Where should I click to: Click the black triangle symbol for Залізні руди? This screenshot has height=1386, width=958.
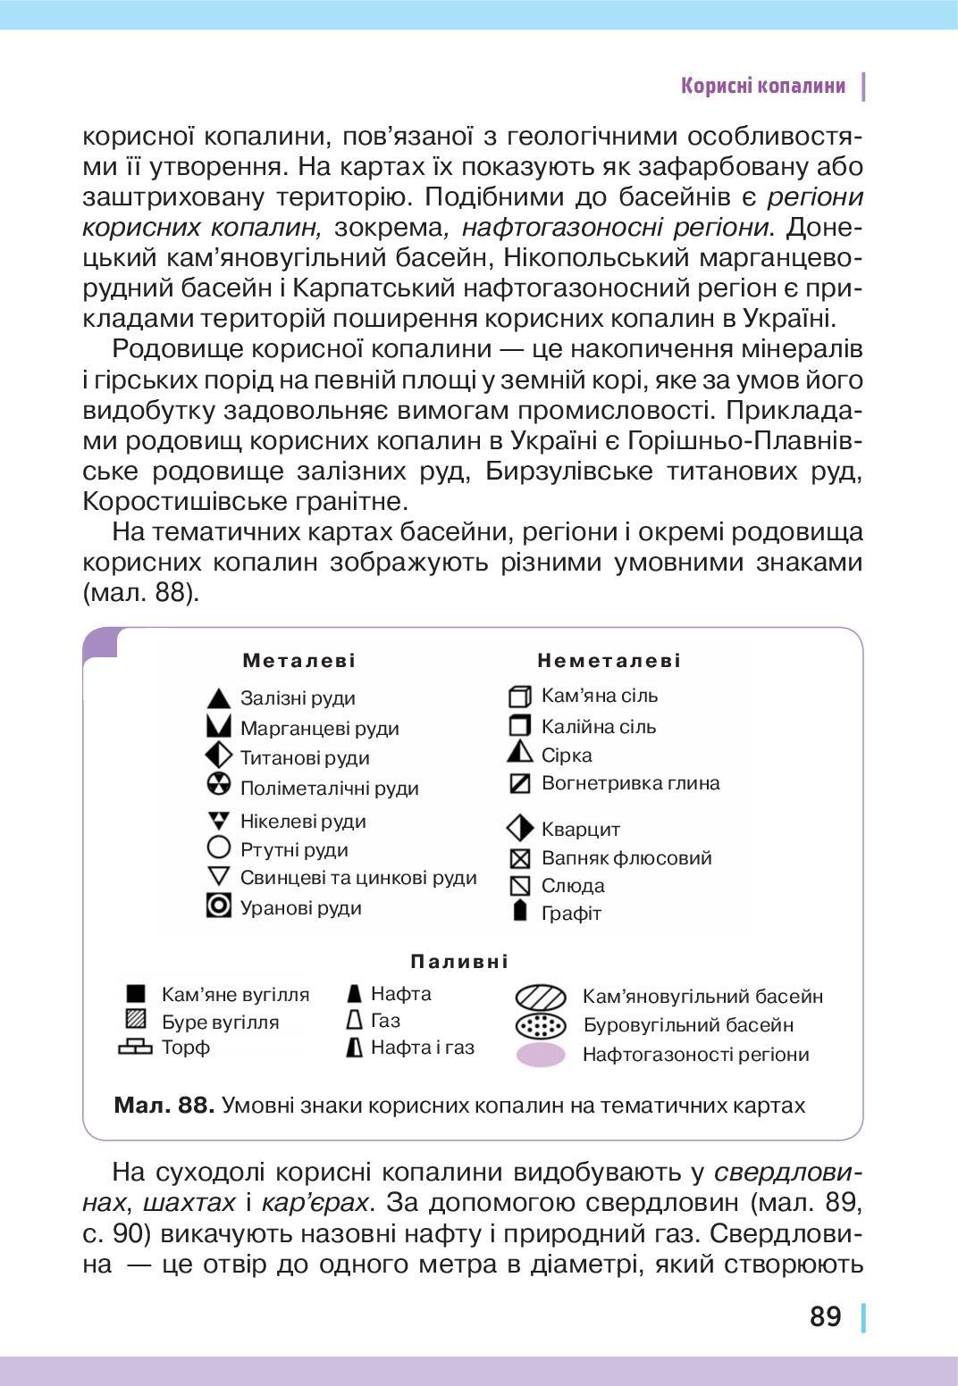coord(219,697)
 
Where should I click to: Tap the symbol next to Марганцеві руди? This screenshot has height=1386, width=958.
coord(219,727)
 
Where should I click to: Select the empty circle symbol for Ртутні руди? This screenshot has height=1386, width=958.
coord(219,847)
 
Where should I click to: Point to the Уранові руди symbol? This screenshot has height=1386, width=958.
coord(219,906)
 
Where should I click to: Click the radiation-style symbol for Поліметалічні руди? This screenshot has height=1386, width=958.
coord(219,785)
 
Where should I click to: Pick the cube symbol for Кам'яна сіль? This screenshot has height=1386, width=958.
coord(519,696)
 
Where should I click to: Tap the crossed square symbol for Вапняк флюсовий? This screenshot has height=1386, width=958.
coord(519,858)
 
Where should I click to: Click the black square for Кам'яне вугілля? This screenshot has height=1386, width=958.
coord(136,994)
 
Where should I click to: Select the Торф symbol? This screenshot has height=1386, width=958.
coord(136,1048)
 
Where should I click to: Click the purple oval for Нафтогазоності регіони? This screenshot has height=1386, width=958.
coord(541,1055)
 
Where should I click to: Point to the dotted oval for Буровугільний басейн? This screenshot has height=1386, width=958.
coord(541,1025)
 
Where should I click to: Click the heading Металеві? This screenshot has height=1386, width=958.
coord(299,661)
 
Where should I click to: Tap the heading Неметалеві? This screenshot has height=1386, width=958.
coord(609,661)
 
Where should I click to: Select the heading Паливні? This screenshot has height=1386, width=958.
coord(459,962)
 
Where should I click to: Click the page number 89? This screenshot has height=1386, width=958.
coord(826,1316)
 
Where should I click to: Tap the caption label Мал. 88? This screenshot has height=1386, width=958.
coord(164,1106)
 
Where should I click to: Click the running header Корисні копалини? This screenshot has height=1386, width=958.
coord(762,86)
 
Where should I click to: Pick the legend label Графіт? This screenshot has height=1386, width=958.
coord(571,914)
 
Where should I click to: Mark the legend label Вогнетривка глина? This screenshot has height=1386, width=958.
coord(630,783)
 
